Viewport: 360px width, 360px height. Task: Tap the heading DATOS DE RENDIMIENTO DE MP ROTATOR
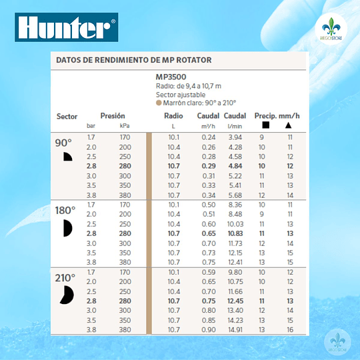(x=133, y=60)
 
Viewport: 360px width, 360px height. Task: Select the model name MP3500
(x=170, y=77)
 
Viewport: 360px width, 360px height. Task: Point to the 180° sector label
(x=65, y=211)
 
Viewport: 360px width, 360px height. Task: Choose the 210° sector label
(x=65, y=278)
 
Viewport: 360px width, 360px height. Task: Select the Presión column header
(x=113, y=116)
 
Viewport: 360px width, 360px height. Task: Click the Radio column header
(x=173, y=116)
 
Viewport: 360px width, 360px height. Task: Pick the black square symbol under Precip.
(x=265, y=125)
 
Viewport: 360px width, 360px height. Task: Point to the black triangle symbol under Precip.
(x=289, y=125)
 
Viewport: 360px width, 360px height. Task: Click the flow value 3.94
(x=235, y=137)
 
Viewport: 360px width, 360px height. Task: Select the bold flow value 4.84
(x=235, y=165)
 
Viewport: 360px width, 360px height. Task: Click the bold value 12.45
(x=237, y=301)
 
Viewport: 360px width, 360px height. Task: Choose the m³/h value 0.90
(x=209, y=329)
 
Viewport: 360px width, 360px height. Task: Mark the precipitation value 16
(x=290, y=329)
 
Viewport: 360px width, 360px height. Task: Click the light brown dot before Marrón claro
(x=159, y=103)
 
